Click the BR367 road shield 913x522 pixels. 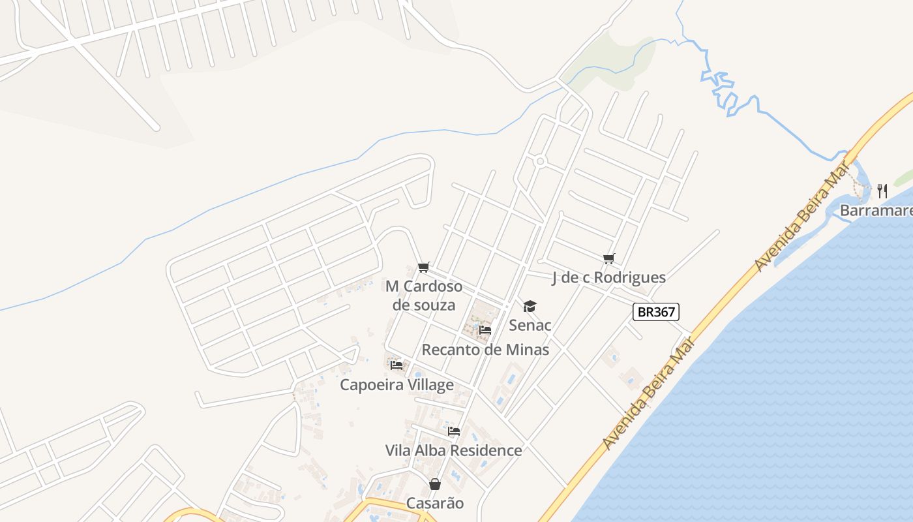tap(656, 312)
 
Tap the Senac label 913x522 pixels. tap(530, 325)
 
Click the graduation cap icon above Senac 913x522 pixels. tap(530, 306)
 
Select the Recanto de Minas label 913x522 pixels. tap(485, 350)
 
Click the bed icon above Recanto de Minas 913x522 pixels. tap(485, 330)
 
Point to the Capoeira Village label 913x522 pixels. tap(397, 385)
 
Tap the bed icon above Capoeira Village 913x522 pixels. tap(397, 365)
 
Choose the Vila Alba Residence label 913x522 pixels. tap(453, 450)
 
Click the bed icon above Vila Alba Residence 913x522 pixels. tap(454, 431)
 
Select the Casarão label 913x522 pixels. tap(435, 503)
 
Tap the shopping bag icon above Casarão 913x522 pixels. tap(435, 484)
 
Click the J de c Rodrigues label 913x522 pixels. tap(608, 277)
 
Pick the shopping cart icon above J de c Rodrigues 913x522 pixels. tap(609, 258)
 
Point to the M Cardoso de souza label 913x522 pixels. tap(424, 295)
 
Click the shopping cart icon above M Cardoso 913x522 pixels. tap(424, 266)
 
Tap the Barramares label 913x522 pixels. tap(876, 211)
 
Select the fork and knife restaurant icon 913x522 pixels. tap(882, 191)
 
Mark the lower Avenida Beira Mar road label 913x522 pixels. tap(646, 399)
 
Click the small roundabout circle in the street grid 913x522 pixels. tap(540, 161)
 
